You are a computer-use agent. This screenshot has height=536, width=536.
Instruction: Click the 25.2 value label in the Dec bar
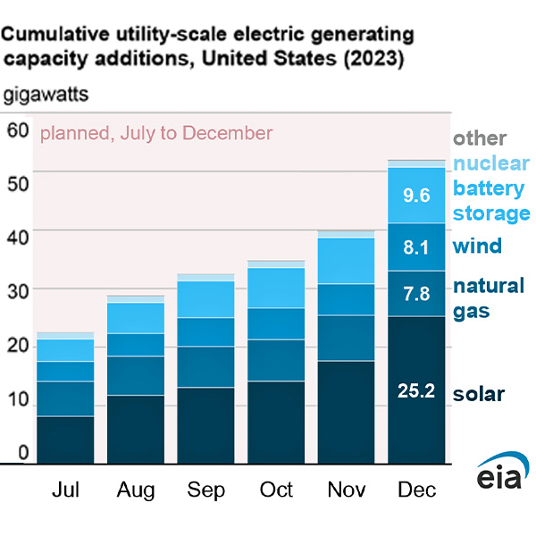pos(415,390)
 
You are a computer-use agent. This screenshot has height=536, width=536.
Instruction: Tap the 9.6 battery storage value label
pos(415,195)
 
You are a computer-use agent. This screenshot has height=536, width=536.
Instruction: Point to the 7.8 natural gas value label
pos(415,293)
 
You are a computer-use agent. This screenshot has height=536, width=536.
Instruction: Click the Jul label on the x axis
pos(65,490)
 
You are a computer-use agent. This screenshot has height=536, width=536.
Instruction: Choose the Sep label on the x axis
pos(206,490)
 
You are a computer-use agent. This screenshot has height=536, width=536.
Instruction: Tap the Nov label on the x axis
pos(348,490)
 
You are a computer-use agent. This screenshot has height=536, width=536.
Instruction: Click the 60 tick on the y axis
pos(18,130)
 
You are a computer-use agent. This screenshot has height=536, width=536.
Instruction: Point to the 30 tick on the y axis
pos(18,290)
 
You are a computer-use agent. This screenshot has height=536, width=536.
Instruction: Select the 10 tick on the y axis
pos(18,398)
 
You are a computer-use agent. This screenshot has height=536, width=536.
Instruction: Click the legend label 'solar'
pos(479,394)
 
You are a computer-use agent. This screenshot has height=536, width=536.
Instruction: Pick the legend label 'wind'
pos(477,246)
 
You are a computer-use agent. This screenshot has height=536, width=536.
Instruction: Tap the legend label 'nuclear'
pos(491,163)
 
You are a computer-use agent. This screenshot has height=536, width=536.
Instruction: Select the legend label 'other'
pos(479,138)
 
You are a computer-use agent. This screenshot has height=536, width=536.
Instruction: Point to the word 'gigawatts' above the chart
pos(51,93)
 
